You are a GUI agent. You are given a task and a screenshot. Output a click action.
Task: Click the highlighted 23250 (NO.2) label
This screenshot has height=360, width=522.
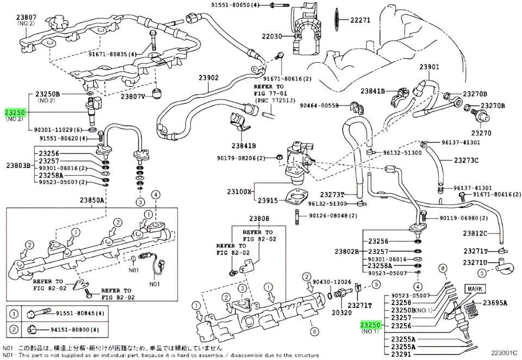pyautogui.click(x=15, y=112)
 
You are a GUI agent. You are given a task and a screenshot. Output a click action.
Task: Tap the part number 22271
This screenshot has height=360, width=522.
pyautogui.click(x=359, y=20)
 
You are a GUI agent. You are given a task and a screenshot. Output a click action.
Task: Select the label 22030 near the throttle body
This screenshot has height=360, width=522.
pyautogui.click(x=272, y=36)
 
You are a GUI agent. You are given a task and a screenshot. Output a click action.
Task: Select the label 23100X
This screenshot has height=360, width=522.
pyautogui.click(x=240, y=192)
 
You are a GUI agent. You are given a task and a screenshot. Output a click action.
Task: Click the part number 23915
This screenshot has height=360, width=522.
pyautogui.click(x=268, y=201)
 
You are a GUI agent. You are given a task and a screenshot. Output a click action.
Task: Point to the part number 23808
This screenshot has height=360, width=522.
pyautogui.click(x=259, y=219)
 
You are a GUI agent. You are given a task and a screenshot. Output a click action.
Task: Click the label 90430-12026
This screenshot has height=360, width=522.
pyautogui.click(x=332, y=282)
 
